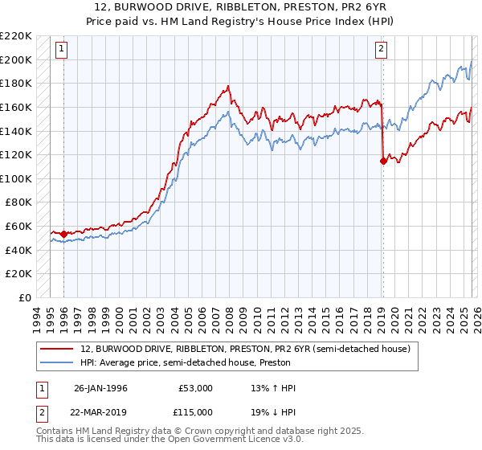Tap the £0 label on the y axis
(x=27, y=298)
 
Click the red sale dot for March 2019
(x=383, y=161)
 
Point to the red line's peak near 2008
(x=229, y=84)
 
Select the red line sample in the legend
(x=58, y=350)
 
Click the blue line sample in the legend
(x=58, y=362)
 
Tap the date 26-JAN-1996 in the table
(x=100, y=388)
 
